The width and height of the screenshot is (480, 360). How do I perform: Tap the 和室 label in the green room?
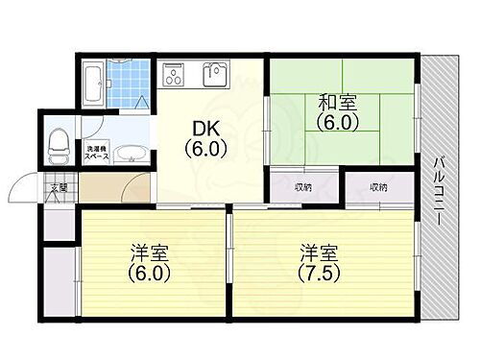[x=326, y=98]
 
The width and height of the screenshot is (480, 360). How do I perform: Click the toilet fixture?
[x=60, y=145]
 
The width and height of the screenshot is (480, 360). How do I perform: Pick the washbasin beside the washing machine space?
[x=129, y=155]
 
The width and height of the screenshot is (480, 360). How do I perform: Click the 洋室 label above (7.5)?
[x=317, y=253]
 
